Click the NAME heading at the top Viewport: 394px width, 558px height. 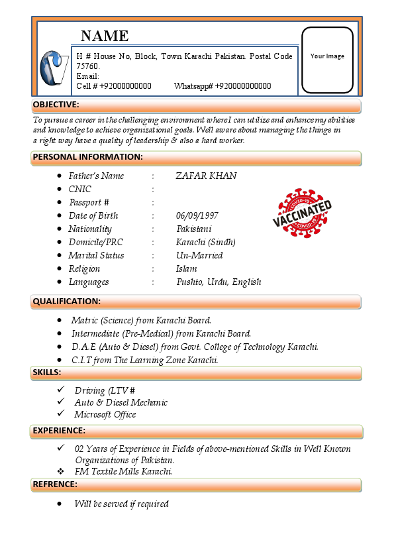(105, 36)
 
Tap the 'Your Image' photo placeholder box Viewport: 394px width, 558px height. (327, 60)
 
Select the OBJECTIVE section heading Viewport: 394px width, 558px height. (56, 105)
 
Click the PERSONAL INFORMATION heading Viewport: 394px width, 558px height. (88, 157)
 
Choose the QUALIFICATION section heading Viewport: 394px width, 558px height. (67, 302)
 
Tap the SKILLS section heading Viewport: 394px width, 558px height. (47, 372)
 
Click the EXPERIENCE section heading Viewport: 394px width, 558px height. (59, 431)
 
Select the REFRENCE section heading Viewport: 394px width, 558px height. (55, 484)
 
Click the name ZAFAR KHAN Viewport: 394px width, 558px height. (206, 176)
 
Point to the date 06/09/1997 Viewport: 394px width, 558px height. (197, 215)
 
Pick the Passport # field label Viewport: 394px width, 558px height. (89, 202)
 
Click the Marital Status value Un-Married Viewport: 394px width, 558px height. (199, 255)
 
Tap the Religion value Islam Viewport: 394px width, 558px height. (186, 268)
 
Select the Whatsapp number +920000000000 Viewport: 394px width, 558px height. (243, 86)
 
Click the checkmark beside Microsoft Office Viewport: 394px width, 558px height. (61, 414)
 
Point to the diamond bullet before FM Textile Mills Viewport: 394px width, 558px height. (61, 471)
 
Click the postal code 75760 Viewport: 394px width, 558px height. (87, 66)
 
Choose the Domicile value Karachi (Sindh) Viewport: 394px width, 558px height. (205, 242)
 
